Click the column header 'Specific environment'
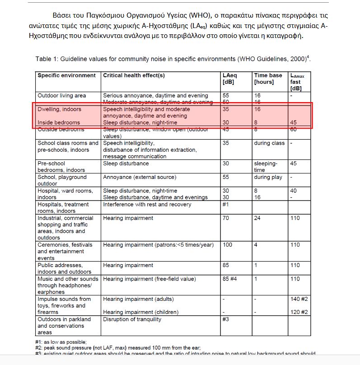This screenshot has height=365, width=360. point(66,75)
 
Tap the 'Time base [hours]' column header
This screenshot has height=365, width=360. point(268,79)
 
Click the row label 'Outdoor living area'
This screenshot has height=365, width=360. point(61,96)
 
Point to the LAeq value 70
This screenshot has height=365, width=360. point(226,218)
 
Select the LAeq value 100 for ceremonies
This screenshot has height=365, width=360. point(227,245)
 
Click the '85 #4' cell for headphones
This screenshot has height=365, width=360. point(230,279)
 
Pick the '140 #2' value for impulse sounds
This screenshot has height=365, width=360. point(299,299)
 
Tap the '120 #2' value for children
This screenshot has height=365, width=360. point(299,312)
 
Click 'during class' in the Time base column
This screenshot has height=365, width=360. point(269,143)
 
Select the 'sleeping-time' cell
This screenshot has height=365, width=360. point(266,167)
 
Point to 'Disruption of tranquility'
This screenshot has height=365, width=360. point(132,319)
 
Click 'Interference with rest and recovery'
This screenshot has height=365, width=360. point(147,205)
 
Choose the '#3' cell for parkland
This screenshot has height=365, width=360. point(226,319)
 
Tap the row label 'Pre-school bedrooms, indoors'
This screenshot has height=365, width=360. point(61,167)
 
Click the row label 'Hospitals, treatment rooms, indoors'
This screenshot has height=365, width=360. point(63,208)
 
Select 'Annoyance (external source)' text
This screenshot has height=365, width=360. point(140,178)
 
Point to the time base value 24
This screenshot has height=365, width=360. point(257,218)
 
